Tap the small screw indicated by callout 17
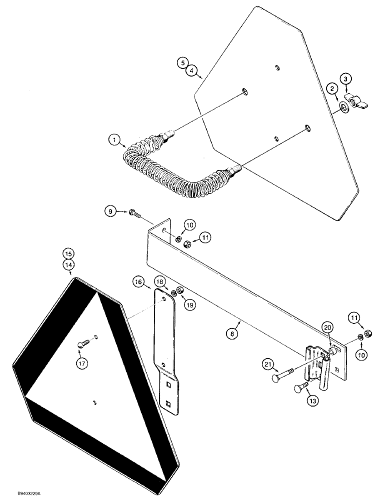(x=84, y=344)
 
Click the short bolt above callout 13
(x=298, y=386)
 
